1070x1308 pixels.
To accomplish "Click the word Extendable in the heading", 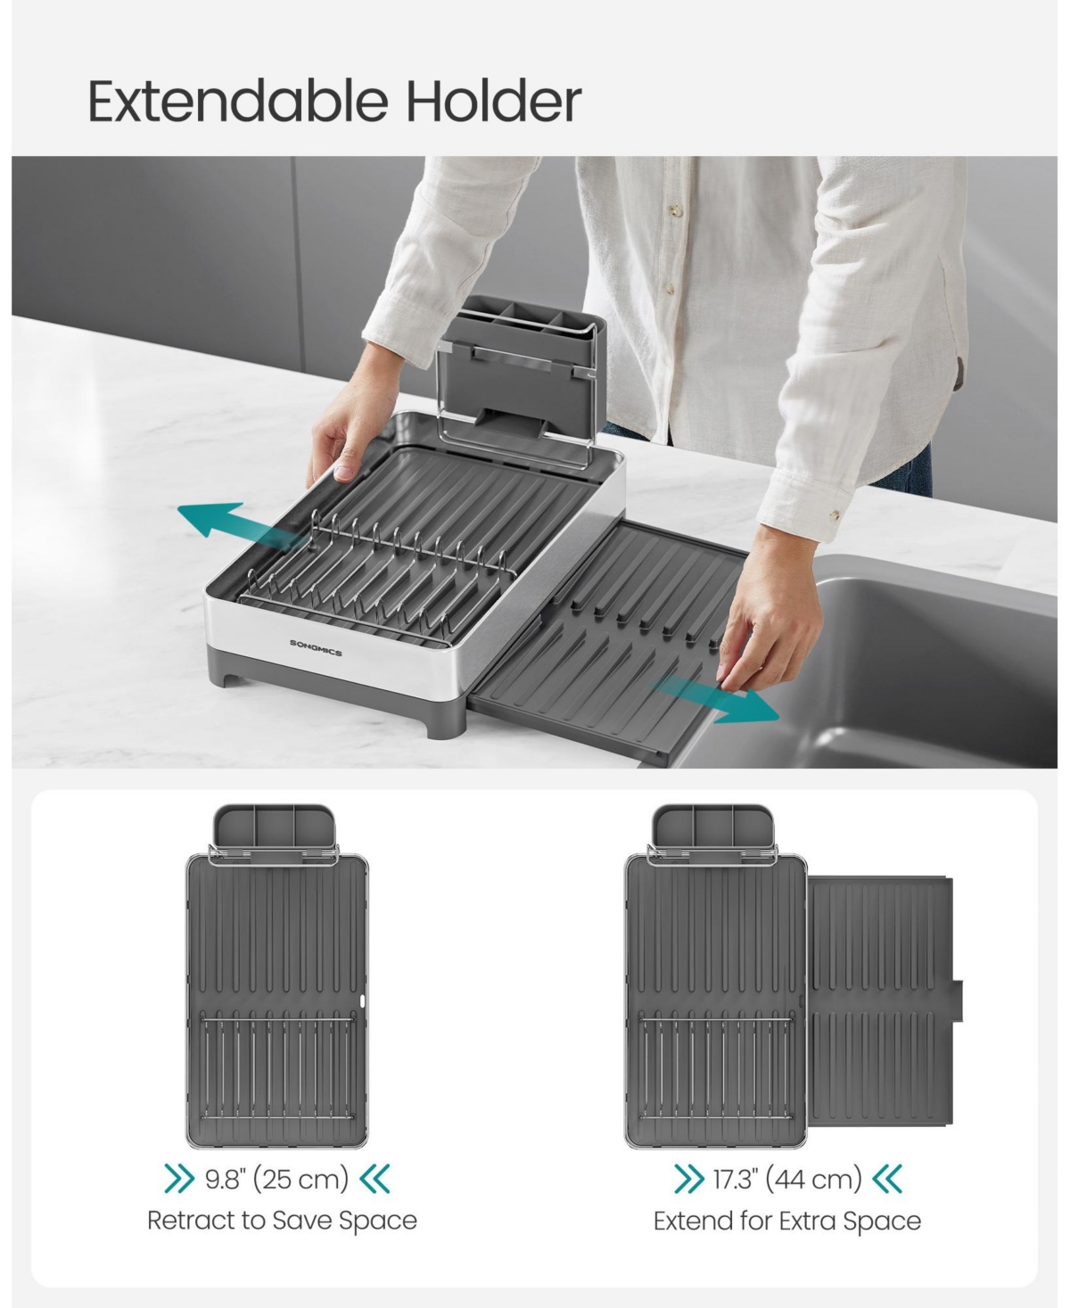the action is pos(238,101).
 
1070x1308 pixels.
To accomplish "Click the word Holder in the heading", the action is pos(494,101).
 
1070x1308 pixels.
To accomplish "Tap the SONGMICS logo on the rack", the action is pos(315,647).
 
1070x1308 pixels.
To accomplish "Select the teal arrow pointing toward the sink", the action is pos(713,699).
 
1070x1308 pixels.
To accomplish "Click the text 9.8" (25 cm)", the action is pos(276,1179).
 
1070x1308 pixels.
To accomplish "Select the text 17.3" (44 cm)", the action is pos(787,1179).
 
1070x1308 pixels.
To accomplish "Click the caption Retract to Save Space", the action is pos(282,1220).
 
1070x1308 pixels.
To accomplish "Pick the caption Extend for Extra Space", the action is pos(787,1221).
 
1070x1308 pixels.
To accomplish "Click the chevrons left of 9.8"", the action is pos(180,1179).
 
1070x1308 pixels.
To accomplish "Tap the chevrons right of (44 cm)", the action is pos(887,1179).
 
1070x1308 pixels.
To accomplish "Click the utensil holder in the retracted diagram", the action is pos(274,832).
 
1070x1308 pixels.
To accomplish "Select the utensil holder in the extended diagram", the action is pos(713,832).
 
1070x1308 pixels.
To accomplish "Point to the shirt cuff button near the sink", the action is pos(835,514).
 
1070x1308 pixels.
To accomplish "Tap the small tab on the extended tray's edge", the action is pos(959,1000).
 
